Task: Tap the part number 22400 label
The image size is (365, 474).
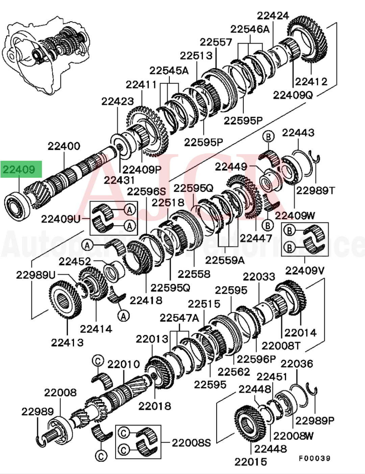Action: coord(64,146)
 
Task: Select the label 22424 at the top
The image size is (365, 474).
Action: coord(273,16)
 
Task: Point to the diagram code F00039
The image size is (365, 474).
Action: coord(314,458)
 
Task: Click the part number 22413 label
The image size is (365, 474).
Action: coord(67,342)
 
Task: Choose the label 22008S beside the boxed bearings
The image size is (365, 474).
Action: coord(191,443)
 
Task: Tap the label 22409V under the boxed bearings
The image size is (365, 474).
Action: coord(305,270)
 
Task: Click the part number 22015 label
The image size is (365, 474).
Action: coord(250,462)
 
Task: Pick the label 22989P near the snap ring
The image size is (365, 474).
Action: coord(315,421)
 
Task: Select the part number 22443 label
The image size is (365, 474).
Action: coord(298,133)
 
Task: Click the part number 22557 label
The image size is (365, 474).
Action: coord(216,42)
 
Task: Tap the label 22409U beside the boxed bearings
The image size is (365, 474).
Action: coord(61,219)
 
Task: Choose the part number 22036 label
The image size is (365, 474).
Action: coord(297,364)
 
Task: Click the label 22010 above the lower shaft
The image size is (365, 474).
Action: coord(124,364)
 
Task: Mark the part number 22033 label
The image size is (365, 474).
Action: coord(259,277)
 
